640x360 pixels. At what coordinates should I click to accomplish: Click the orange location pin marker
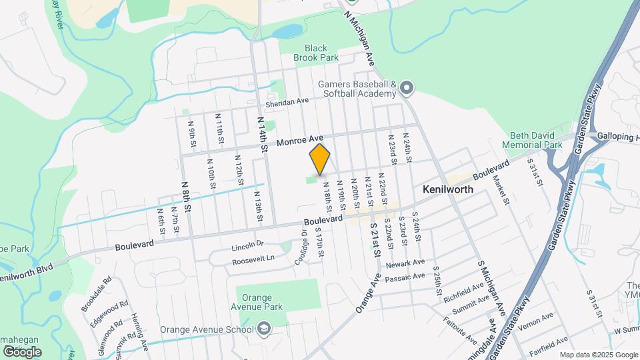pos(320,159)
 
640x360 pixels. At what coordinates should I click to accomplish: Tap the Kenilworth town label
pos(448,189)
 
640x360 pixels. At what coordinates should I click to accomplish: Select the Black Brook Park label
pos(317,53)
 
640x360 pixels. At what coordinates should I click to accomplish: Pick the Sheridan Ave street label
pos(287,101)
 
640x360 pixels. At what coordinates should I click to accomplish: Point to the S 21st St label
pos(375,241)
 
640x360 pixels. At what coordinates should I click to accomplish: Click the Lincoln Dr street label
pos(248,246)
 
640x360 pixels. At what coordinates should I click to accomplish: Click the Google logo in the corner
pos(22,351)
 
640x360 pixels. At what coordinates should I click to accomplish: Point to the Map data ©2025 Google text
pos(599,355)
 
